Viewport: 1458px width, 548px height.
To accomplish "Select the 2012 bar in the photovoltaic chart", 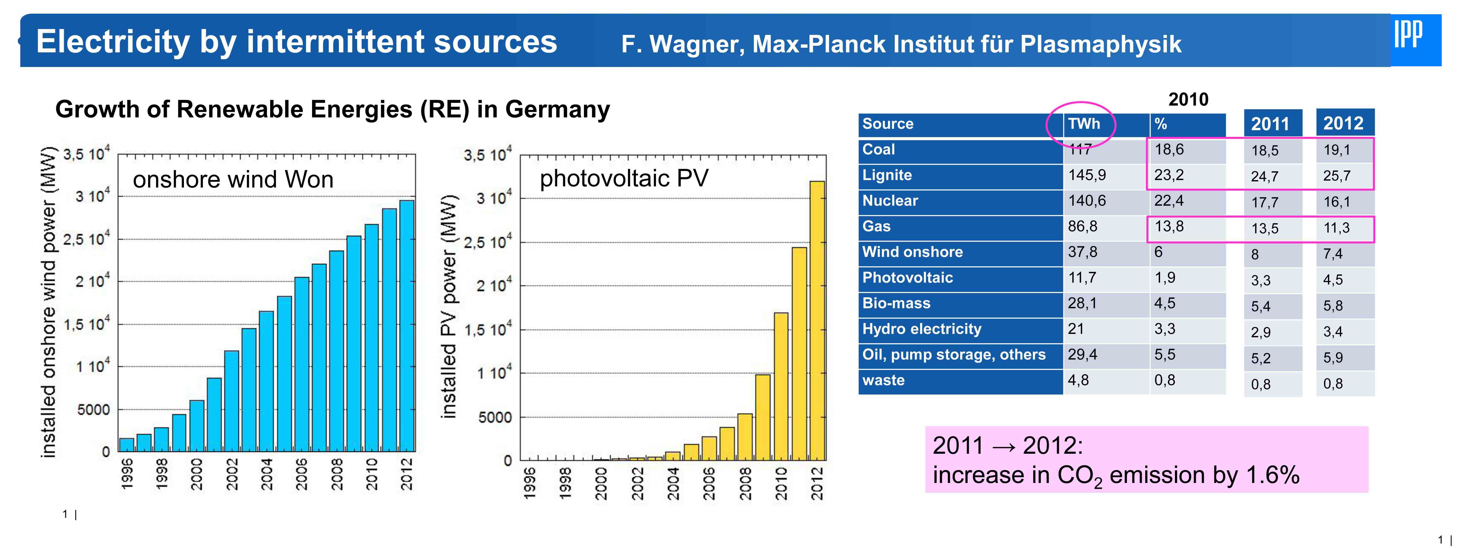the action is (x=817, y=321).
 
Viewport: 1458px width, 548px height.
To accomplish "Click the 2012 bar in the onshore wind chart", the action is (x=407, y=326).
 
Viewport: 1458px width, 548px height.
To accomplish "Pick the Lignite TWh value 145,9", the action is (x=1087, y=175).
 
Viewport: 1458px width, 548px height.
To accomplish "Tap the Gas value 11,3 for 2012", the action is (x=1336, y=228).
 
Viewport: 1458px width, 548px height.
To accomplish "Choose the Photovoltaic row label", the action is (x=907, y=277).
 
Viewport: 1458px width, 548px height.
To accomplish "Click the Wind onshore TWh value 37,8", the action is (x=1082, y=252).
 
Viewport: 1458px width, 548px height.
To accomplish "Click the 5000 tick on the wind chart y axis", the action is (x=93, y=409).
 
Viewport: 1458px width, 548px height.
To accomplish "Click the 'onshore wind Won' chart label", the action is (x=233, y=180).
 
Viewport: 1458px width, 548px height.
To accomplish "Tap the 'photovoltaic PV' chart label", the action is (x=624, y=178).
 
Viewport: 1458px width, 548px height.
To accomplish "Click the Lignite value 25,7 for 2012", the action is (x=1336, y=176).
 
